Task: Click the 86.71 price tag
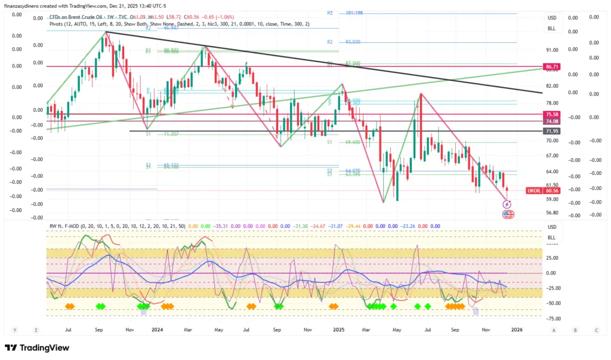coord(551,66)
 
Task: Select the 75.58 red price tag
coord(551,114)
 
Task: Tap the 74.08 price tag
coord(551,121)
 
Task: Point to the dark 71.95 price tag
coord(551,131)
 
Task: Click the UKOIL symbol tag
coord(533,190)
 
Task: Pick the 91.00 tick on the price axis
coord(551,50)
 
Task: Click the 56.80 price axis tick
coord(551,213)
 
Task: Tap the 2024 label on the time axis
coord(158,329)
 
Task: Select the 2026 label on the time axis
coord(517,329)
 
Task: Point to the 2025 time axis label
coord(338,329)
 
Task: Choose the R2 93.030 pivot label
coord(345,42)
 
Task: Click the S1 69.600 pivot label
coord(345,142)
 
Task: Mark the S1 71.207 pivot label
coord(163,135)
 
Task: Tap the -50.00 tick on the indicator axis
coord(552,303)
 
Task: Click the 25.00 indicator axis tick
coord(552,259)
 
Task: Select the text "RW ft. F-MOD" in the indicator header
coord(67,226)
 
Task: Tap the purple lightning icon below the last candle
coord(507,204)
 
